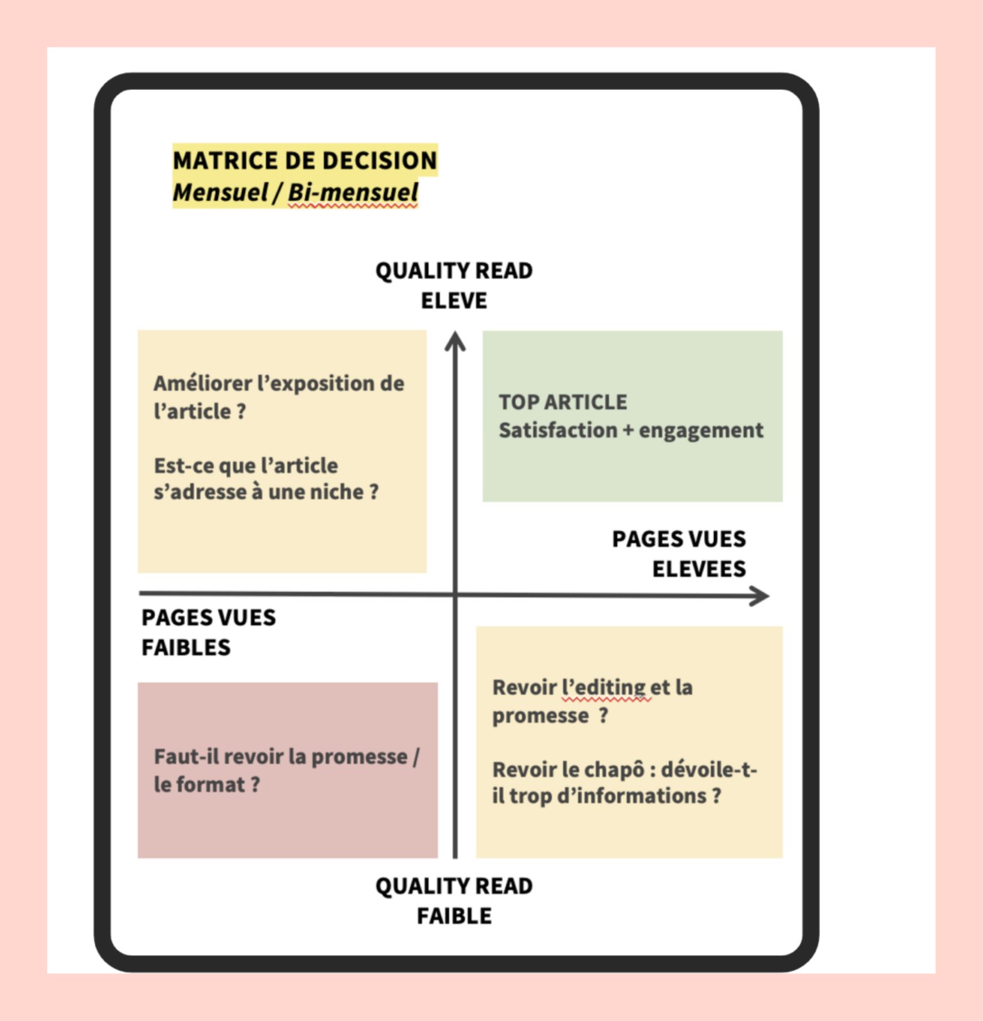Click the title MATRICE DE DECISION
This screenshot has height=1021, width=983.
tap(305, 161)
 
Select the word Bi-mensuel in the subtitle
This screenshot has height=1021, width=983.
tap(353, 193)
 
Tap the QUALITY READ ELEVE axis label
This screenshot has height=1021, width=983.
tap(454, 285)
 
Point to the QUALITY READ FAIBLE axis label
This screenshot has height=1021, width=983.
tap(454, 901)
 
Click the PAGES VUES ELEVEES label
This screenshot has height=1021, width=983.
tap(679, 554)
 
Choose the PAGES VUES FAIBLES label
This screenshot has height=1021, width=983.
tap(208, 632)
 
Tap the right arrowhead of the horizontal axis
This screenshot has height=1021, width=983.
tap(760, 596)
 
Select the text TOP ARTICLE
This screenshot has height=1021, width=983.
tap(562, 402)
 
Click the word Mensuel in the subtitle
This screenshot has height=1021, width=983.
tap(220, 193)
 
